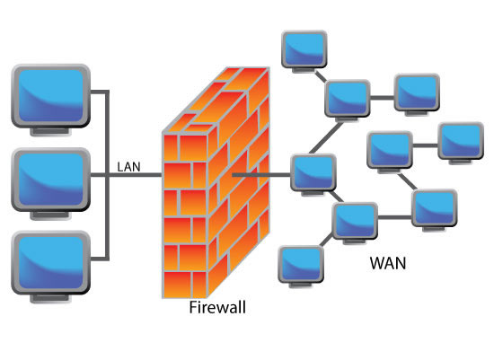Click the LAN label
pyautogui.click(x=128, y=167)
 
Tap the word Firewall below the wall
pyautogui.click(x=217, y=307)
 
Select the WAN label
pyautogui.click(x=388, y=263)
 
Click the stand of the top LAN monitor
pyautogui.click(x=50, y=132)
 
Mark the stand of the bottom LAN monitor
pyautogui.click(x=50, y=299)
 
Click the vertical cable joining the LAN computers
pyautogui.click(x=107, y=175)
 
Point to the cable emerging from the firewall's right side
pyautogui.click(x=261, y=174)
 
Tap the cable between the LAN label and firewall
pyautogui.click(x=136, y=175)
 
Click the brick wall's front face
pyautogui.click(x=185, y=215)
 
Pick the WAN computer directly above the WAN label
pyautogui.click(x=355, y=221)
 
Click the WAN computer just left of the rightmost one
pyautogui.click(x=390, y=150)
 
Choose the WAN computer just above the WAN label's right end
pyautogui.click(x=435, y=208)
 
